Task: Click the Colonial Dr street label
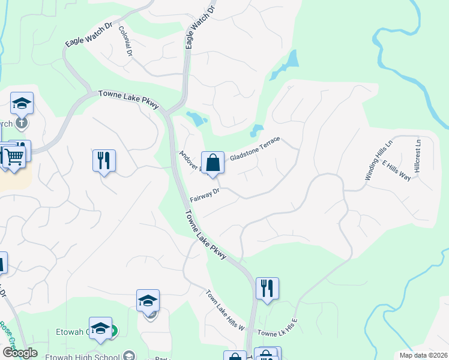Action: [x=125, y=41]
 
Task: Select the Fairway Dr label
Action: [x=206, y=196]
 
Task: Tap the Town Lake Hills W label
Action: [x=226, y=311]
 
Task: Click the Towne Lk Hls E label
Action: [x=277, y=327]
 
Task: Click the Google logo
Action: [x=20, y=353]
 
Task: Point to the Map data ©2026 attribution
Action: [x=423, y=355]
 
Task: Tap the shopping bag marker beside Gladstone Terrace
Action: [x=212, y=163]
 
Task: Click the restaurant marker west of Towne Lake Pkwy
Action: [x=104, y=160]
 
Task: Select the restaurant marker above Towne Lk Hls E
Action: [x=267, y=288]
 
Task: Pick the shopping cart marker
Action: [x=14, y=157]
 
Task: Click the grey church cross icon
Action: [x=22, y=124]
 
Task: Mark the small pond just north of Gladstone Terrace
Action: [x=257, y=130]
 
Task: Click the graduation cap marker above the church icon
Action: [x=22, y=104]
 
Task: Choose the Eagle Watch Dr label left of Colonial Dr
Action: [x=89, y=35]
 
